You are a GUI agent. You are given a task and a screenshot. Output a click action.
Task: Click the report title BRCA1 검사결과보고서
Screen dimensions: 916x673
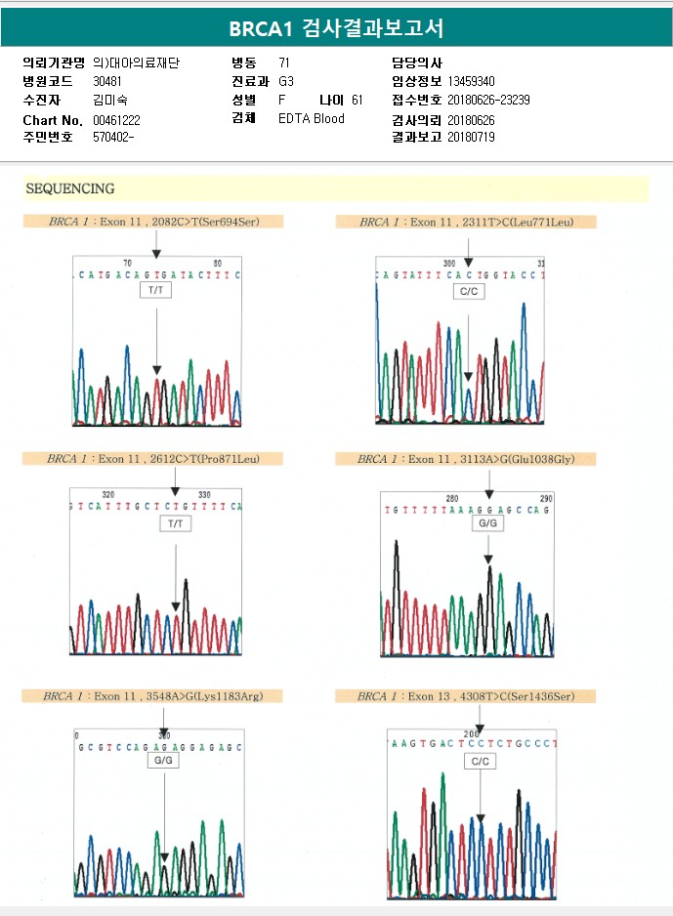(x=336, y=27)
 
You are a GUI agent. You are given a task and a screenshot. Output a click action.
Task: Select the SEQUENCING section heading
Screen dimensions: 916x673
(x=69, y=188)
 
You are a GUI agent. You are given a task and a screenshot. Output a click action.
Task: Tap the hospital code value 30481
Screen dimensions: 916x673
(x=107, y=81)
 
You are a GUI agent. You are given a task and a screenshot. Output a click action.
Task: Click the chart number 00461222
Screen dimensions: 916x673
(x=117, y=119)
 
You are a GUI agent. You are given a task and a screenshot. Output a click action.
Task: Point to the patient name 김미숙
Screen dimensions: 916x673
(x=109, y=100)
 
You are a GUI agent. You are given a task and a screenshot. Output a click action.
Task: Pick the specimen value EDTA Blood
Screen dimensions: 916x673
(x=312, y=119)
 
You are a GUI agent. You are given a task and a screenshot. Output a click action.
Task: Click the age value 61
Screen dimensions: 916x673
(x=358, y=100)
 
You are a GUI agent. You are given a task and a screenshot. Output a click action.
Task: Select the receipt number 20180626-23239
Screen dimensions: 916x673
(x=488, y=100)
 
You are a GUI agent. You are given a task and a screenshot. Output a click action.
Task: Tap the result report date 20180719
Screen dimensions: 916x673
(x=471, y=138)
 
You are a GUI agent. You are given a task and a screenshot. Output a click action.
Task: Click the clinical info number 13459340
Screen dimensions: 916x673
(x=471, y=81)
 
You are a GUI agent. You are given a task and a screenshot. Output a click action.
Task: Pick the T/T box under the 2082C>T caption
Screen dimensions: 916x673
(x=156, y=291)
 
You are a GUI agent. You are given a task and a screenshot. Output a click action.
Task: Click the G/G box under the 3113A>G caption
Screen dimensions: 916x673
(x=487, y=523)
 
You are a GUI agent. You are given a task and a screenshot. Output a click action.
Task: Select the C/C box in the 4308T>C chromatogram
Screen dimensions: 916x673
(x=480, y=760)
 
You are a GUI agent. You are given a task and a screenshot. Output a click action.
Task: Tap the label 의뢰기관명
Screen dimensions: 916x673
(x=54, y=62)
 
